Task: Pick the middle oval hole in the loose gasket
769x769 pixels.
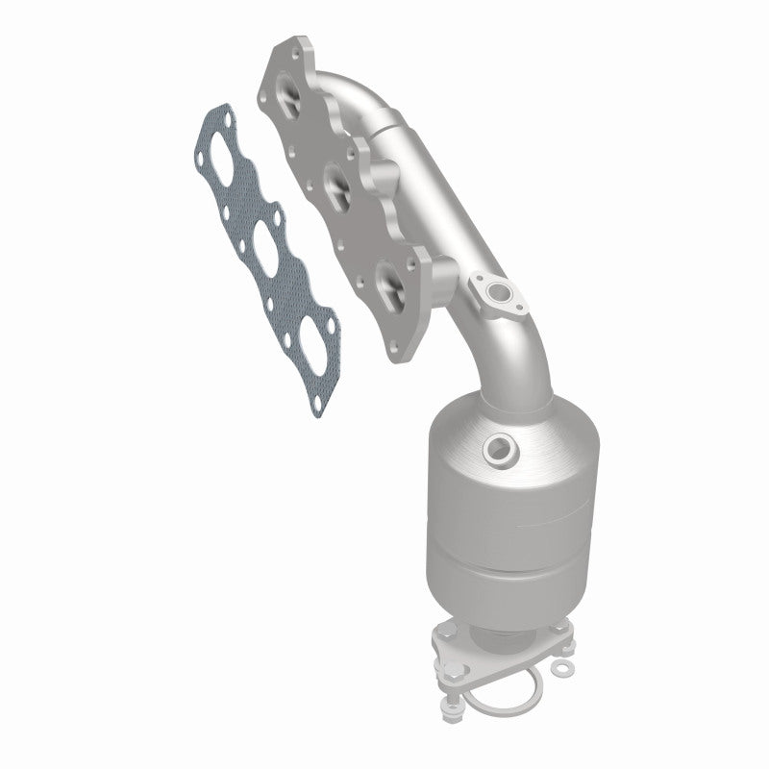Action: [x=260, y=235]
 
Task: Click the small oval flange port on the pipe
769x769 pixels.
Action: [x=495, y=291]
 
